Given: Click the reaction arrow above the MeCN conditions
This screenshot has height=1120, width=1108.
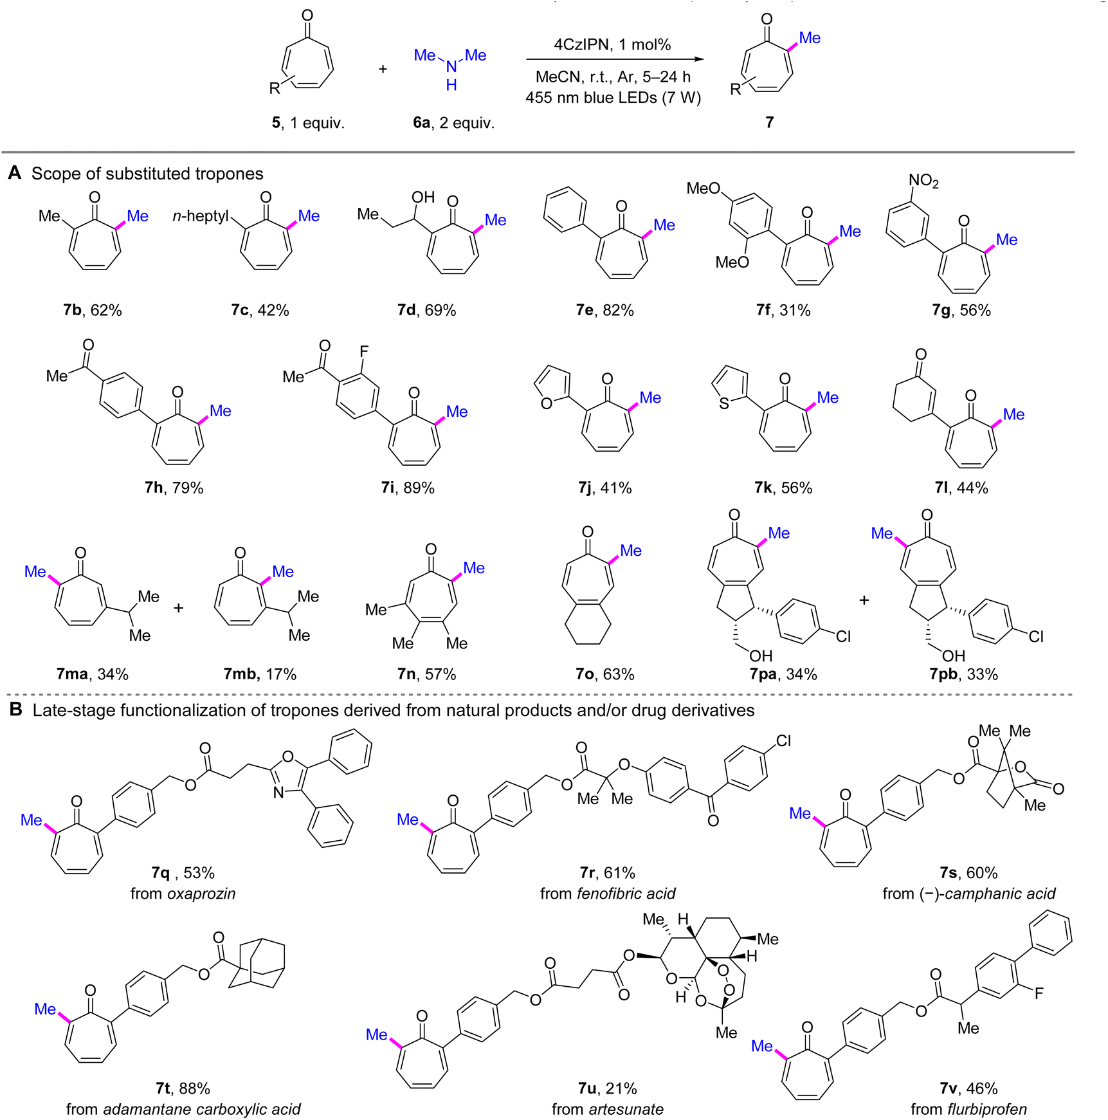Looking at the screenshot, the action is click(615, 60).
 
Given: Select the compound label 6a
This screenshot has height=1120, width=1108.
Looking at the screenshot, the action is click(421, 122).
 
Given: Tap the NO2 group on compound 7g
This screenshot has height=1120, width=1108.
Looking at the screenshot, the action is click(923, 181).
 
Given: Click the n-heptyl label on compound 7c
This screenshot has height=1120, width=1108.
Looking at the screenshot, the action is click(201, 216).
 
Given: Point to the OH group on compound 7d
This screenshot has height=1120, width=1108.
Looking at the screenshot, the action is click(423, 197).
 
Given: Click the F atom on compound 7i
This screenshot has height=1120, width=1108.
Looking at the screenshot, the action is click(364, 351).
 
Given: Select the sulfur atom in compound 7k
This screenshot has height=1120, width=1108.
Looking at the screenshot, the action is click(724, 403).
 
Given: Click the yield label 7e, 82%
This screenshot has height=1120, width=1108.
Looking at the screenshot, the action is click(604, 310).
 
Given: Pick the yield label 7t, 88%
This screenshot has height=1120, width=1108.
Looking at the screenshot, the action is click(183, 1088).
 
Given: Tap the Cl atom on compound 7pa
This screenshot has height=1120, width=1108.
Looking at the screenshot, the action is click(843, 636).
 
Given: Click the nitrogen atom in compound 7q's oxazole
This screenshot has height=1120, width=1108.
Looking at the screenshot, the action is click(278, 793).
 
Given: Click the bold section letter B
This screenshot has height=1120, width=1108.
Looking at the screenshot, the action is click(16, 710).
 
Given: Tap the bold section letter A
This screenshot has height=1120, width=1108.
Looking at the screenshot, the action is click(15, 173).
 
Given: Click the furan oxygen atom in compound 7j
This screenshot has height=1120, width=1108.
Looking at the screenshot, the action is click(547, 403).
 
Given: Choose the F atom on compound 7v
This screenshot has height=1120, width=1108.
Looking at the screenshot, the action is click(1039, 993).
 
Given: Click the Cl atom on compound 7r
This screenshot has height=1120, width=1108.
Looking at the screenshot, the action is click(783, 740).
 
